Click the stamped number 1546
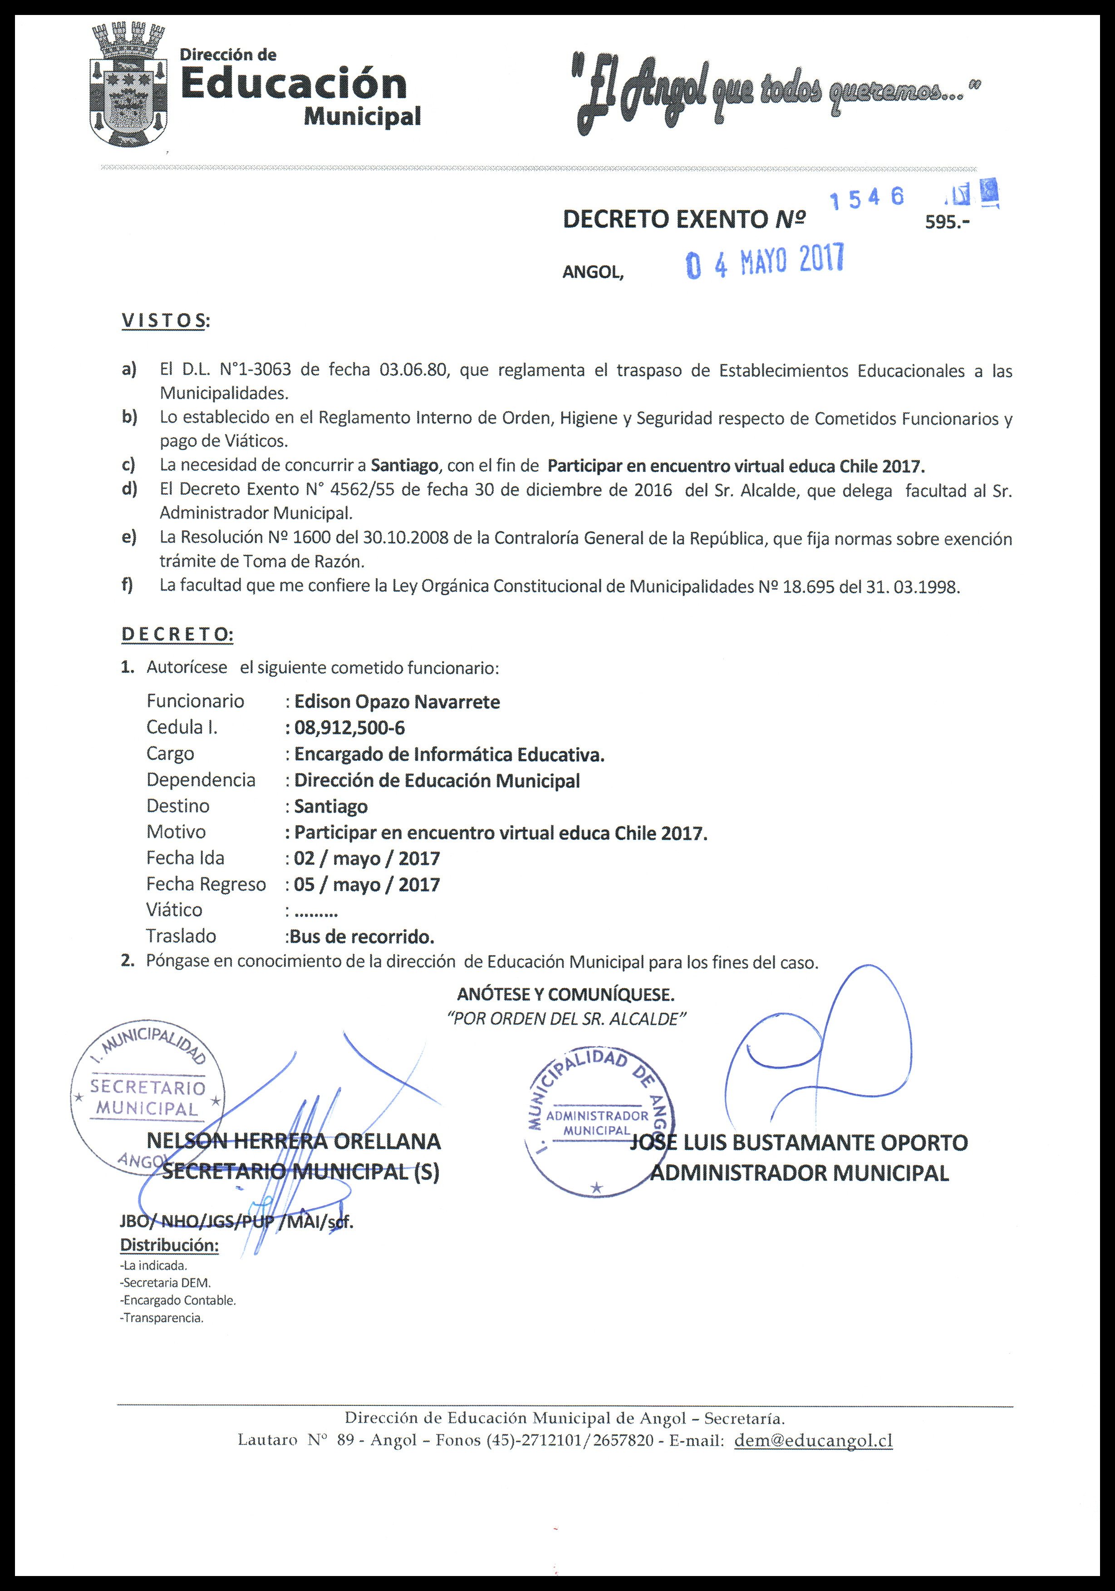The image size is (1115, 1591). click(867, 199)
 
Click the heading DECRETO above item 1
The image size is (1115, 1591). click(177, 634)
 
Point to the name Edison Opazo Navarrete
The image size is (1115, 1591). click(396, 702)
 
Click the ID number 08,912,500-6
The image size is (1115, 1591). click(349, 728)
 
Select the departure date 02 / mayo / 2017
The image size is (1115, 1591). click(367, 858)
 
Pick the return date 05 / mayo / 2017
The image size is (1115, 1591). click(367, 885)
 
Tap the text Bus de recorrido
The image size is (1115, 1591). click(362, 937)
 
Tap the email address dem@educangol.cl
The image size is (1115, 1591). click(813, 1441)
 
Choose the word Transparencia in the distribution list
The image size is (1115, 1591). click(162, 1318)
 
